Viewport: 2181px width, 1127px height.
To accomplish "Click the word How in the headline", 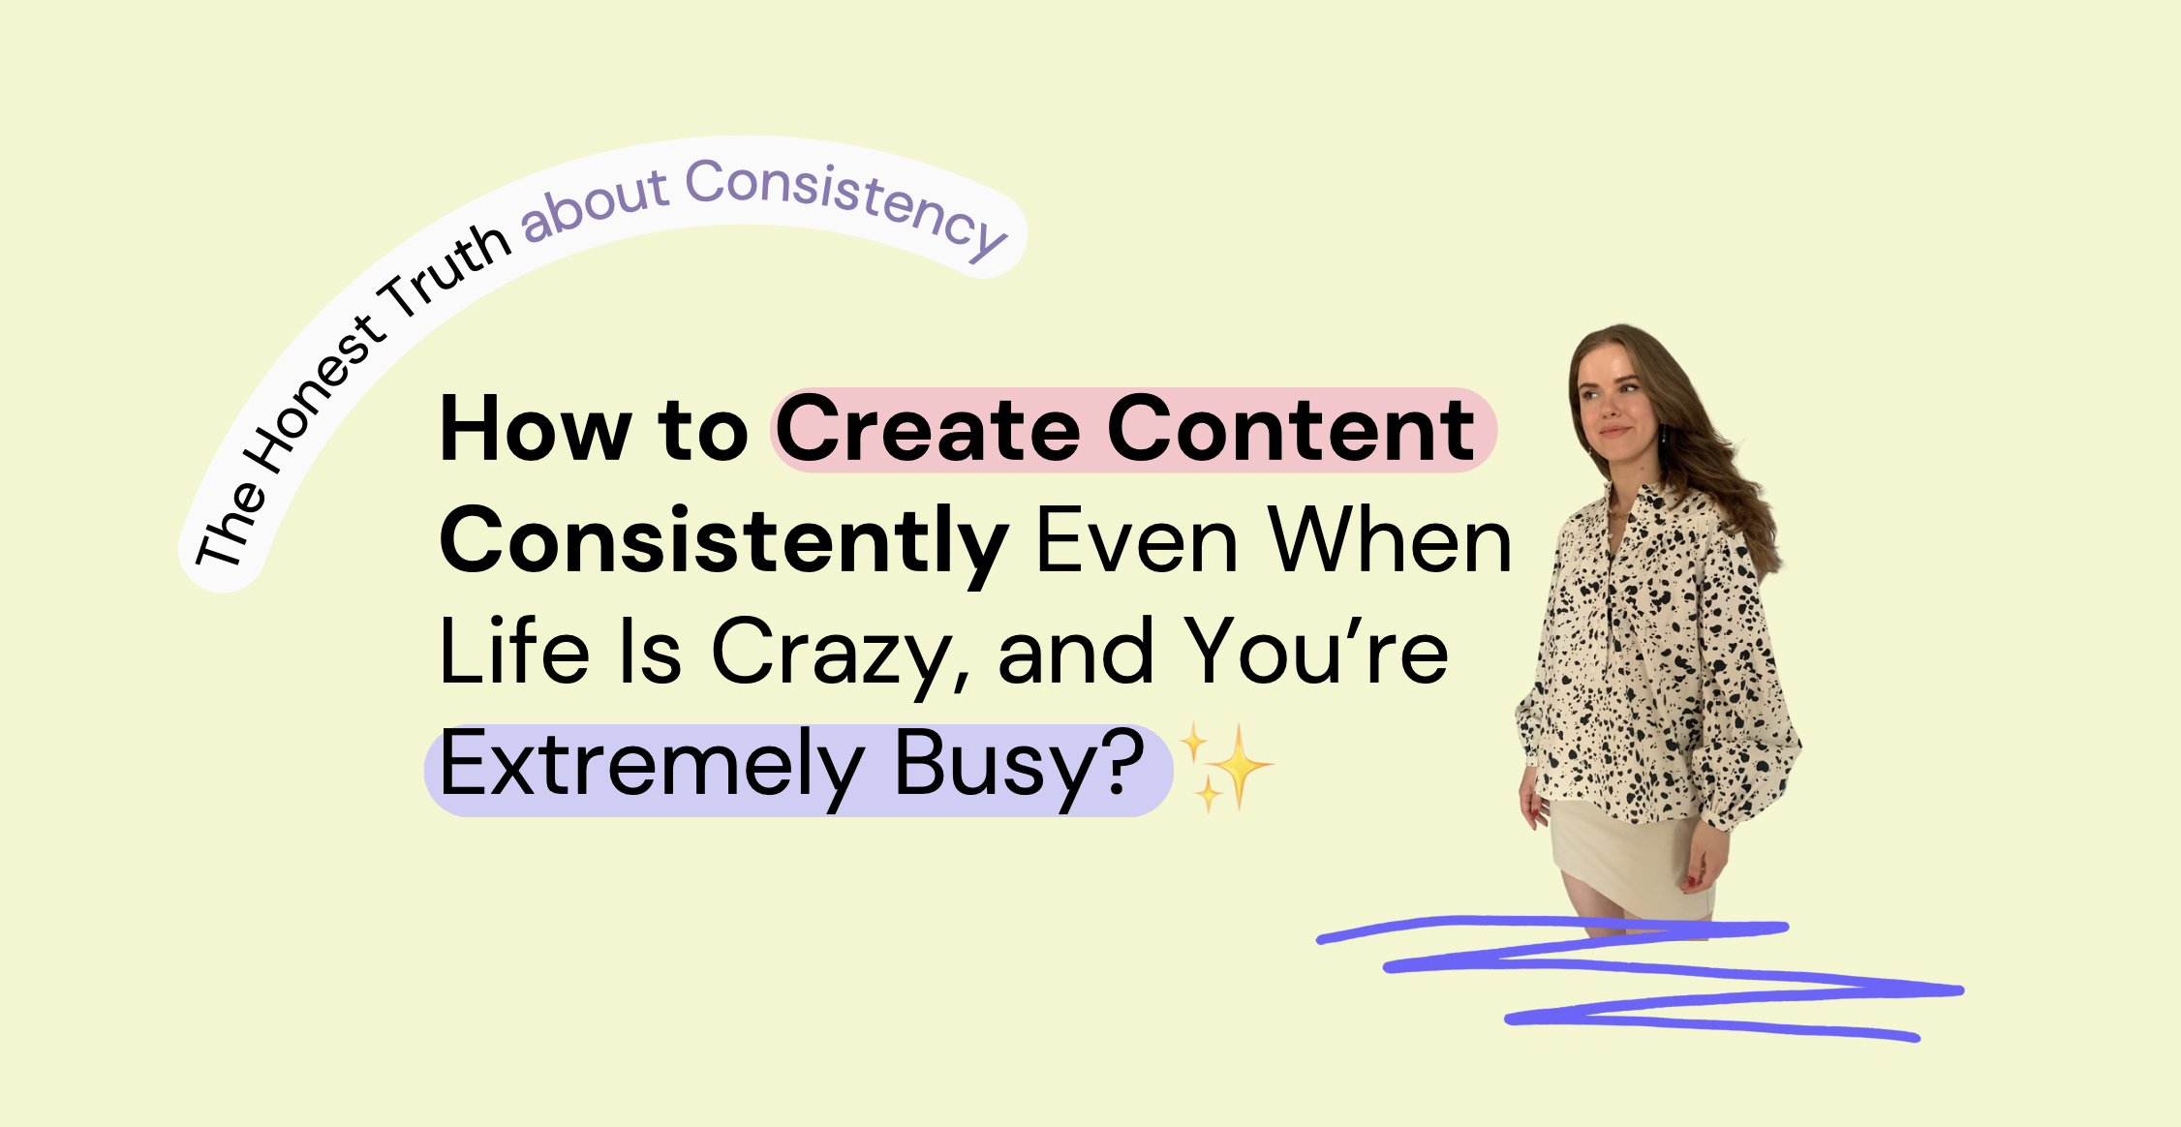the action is pyautogui.click(x=536, y=430).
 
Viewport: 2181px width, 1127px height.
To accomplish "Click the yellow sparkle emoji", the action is pyautogui.click(x=1224, y=768).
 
